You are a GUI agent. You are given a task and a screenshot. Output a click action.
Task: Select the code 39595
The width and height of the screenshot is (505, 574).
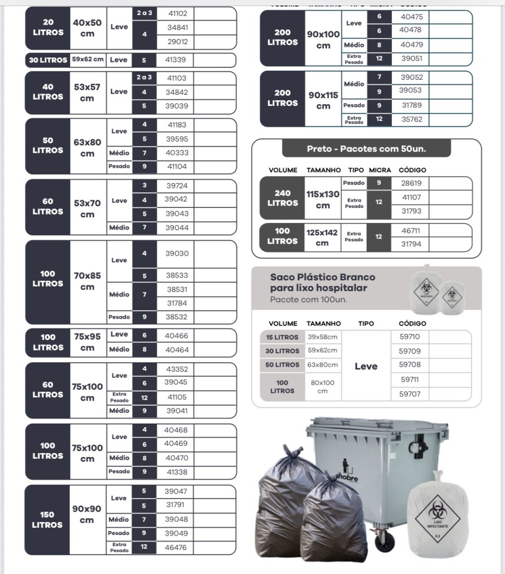click(177, 139)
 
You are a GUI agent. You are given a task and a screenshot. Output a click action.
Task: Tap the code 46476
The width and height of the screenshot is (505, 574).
click(176, 547)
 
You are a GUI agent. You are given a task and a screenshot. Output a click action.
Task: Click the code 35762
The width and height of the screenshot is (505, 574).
click(412, 119)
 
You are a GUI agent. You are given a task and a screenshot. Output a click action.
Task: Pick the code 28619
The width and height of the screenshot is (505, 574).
click(411, 183)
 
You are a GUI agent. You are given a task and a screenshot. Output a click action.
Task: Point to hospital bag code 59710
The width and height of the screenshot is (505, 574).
click(410, 337)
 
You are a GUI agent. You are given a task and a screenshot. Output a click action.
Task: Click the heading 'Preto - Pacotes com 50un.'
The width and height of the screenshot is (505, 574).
click(366, 149)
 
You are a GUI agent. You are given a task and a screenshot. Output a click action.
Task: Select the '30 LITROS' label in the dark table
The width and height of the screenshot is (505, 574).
click(48, 60)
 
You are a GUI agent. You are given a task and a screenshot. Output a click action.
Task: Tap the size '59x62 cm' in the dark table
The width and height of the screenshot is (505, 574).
click(88, 60)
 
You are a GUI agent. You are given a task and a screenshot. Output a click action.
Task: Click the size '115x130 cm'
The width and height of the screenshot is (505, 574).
click(323, 200)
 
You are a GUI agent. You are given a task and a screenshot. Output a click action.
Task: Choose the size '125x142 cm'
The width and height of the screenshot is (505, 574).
click(322, 237)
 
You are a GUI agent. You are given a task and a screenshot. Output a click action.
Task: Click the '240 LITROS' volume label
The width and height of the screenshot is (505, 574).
click(283, 198)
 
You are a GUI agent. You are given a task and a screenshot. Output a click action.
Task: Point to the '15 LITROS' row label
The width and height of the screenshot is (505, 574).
click(282, 337)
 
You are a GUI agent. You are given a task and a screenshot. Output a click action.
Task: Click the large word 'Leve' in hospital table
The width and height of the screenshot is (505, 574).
click(366, 366)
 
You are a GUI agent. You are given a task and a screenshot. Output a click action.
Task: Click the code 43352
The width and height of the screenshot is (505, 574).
click(177, 369)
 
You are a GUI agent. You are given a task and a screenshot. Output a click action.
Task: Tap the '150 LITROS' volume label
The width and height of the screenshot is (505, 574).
click(47, 519)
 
